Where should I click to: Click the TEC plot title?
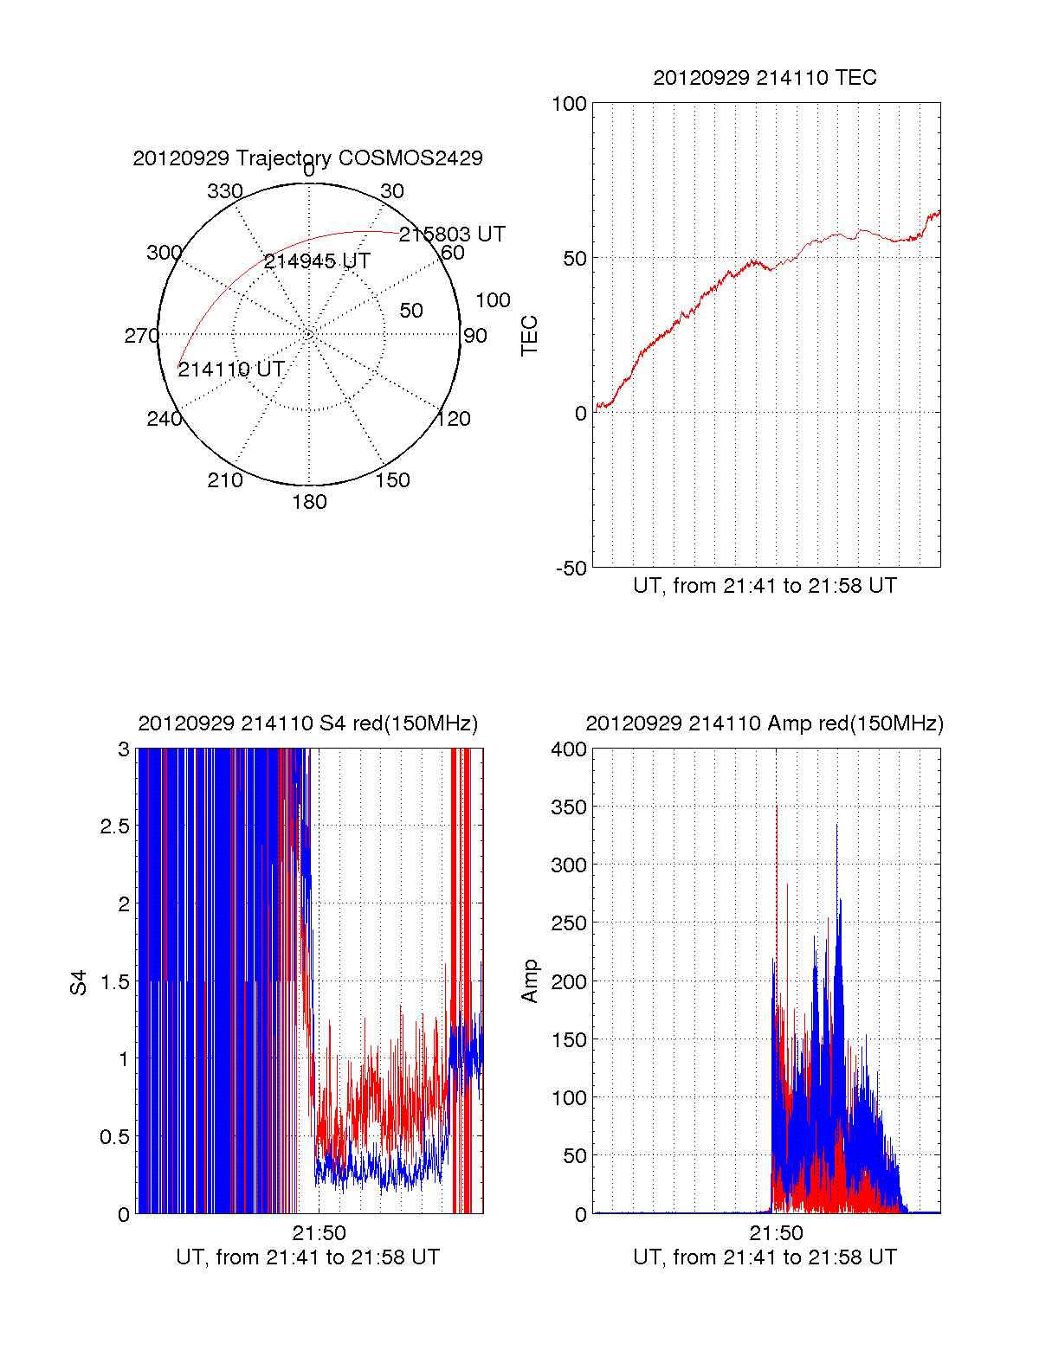pyautogui.click(x=765, y=78)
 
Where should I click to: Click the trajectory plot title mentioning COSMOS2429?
pyautogui.click(x=307, y=158)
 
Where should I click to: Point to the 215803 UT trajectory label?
pyautogui.click(x=452, y=235)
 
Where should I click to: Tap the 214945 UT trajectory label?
pyautogui.click(x=317, y=261)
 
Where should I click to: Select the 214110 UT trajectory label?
pyautogui.click(x=231, y=370)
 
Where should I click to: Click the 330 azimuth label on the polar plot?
pyautogui.click(x=225, y=191)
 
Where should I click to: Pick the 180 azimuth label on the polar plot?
pyautogui.click(x=309, y=502)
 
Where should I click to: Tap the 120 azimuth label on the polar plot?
pyautogui.click(x=454, y=419)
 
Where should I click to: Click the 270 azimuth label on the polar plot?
pyautogui.click(x=142, y=336)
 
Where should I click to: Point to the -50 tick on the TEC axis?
pyautogui.click(x=571, y=569)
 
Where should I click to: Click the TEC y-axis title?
pyautogui.click(x=529, y=335)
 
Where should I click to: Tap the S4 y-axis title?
pyautogui.click(x=79, y=982)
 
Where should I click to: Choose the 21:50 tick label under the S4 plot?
pyautogui.click(x=319, y=1233)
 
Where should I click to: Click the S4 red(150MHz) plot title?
pyautogui.click(x=307, y=723)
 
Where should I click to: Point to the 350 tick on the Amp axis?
pyautogui.click(x=569, y=807)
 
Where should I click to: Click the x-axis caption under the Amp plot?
pyautogui.click(x=765, y=1257)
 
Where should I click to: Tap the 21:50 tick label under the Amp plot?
pyautogui.click(x=776, y=1233)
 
